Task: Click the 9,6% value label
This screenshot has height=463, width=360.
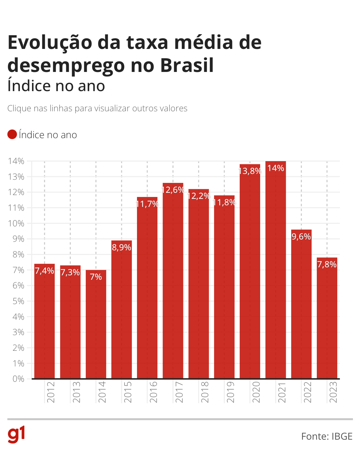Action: pos(301,237)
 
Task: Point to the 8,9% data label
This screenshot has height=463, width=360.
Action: pos(122,247)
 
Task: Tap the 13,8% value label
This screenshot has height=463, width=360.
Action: pos(250,171)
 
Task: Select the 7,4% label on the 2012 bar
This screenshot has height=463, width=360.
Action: pos(44,271)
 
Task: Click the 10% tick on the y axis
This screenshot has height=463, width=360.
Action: pos(16,224)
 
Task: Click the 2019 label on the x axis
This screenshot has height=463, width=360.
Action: pos(230,392)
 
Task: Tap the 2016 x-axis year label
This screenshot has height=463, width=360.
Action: pos(154,392)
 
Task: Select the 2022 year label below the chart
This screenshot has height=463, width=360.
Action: pos(308,392)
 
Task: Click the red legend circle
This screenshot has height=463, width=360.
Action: pos(12,135)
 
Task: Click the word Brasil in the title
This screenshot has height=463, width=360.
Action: pos(187,66)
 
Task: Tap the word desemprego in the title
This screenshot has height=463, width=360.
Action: pos(66,66)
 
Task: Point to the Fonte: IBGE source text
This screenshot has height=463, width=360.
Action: pos(327,436)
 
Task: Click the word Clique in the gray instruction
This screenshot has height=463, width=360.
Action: pos(19,108)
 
